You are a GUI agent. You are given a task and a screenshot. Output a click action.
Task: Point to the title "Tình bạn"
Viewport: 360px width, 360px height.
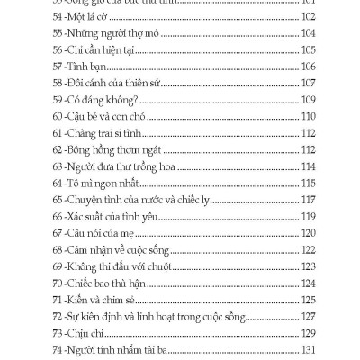point(91,91)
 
